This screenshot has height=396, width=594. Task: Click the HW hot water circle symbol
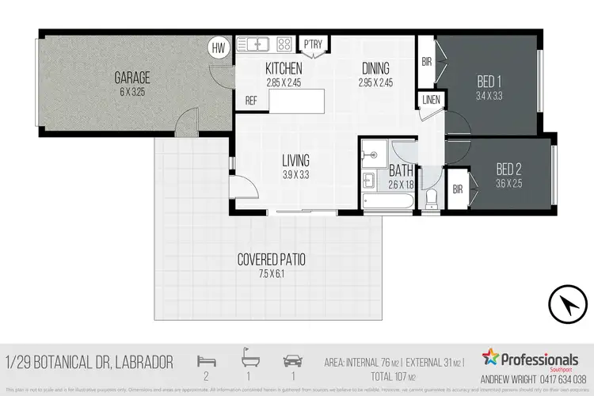click(218, 48)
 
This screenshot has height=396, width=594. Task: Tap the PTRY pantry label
click(313, 44)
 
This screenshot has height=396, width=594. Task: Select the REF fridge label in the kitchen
click(251, 101)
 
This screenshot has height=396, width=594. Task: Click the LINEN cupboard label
click(431, 100)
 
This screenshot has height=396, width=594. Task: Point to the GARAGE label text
click(132, 78)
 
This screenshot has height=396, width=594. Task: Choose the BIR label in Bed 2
click(458, 189)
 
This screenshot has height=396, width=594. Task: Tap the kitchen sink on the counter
click(258, 44)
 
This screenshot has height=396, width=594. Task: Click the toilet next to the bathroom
click(432, 197)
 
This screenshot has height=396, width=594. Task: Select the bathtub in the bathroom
click(387, 203)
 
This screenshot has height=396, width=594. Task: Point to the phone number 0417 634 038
click(564, 379)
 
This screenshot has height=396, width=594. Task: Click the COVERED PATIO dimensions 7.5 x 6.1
click(272, 274)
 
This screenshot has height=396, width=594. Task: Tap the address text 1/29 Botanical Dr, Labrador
click(89, 362)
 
